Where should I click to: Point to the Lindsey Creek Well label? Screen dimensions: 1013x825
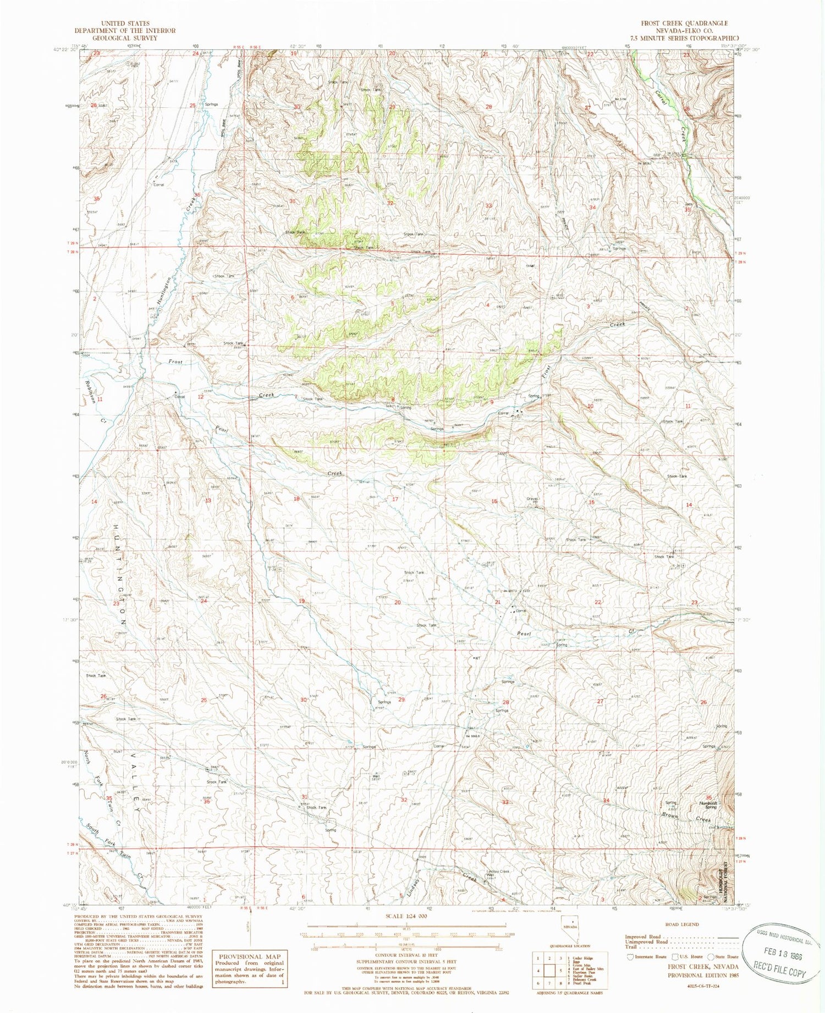coord(498,874)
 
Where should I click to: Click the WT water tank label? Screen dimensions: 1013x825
coord(477,658)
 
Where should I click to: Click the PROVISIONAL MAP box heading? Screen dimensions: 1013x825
coord(249,956)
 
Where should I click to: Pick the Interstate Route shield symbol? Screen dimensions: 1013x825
coord(630,956)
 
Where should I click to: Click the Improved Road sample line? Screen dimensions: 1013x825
coord(713,937)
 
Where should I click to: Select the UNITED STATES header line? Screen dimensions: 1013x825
coord(117,23)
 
